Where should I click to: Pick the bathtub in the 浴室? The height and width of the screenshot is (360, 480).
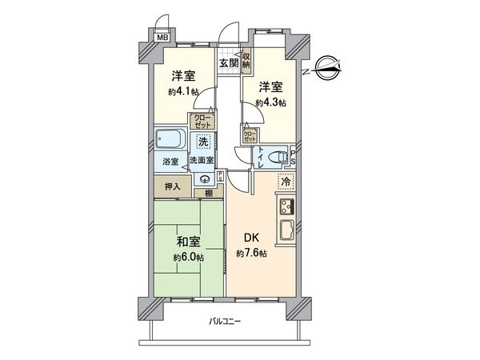(x=170, y=142)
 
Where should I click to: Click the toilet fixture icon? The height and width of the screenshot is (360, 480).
(x=274, y=157)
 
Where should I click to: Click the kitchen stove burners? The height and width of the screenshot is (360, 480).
(x=286, y=207)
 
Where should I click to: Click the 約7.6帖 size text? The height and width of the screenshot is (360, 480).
(x=252, y=254)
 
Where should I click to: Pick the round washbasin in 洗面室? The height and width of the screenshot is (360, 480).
(x=202, y=180)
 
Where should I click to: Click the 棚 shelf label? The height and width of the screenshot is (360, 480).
(x=207, y=193)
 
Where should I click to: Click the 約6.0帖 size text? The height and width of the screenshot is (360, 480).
(x=187, y=258)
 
